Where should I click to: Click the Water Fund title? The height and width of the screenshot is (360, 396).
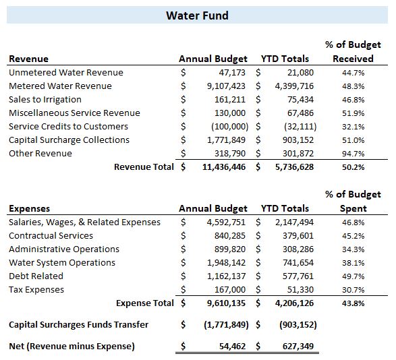(197, 16)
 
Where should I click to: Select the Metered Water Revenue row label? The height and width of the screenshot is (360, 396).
(60, 86)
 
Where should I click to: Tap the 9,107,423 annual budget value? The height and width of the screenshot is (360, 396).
(226, 86)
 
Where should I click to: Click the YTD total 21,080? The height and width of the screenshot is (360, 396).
(300, 73)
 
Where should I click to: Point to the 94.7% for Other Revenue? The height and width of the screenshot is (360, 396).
(353, 154)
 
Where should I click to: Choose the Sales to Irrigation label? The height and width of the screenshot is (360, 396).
(45, 100)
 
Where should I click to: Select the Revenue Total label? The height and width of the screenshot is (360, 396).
(144, 167)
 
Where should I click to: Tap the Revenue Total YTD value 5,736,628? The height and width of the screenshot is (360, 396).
(294, 167)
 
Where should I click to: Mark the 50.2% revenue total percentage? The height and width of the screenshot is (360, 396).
(353, 167)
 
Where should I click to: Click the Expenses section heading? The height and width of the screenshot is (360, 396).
(29, 209)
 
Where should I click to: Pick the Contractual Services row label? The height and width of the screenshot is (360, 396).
(51, 236)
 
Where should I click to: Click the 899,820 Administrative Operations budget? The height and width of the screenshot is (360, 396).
(230, 249)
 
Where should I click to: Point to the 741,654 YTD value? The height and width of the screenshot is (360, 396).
(298, 263)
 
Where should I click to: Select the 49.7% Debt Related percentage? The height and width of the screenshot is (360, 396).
(353, 276)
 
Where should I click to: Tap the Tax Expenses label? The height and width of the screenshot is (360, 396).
(36, 290)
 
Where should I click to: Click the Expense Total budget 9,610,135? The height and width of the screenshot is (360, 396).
(226, 303)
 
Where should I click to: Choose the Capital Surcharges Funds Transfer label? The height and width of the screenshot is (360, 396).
(78, 325)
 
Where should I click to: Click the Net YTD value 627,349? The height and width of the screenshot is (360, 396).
(298, 346)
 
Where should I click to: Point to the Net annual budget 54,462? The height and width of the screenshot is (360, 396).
(232, 346)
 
